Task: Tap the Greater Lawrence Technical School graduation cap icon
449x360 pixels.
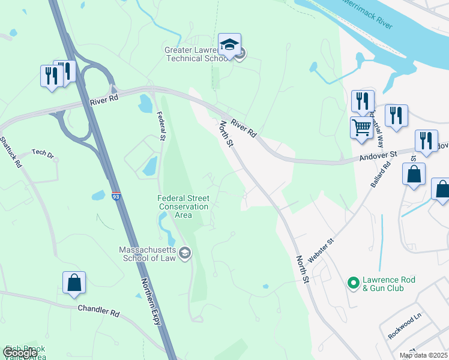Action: (x=229, y=45)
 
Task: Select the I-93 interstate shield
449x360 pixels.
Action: (x=116, y=196)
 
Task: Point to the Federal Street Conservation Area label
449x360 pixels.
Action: (x=183, y=206)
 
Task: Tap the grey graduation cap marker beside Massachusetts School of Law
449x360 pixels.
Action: (x=185, y=253)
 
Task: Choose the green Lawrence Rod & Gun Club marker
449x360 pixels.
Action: (x=354, y=281)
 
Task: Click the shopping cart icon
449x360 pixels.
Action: (x=361, y=128)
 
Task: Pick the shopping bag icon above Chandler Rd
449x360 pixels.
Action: (x=74, y=283)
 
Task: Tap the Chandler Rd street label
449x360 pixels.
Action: (x=99, y=312)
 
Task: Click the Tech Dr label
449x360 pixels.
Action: (x=43, y=154)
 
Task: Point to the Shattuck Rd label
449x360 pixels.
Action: (x=11, y=152)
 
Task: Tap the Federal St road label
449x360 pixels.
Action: (x=160, y=126)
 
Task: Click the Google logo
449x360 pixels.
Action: (x=20, y=353)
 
